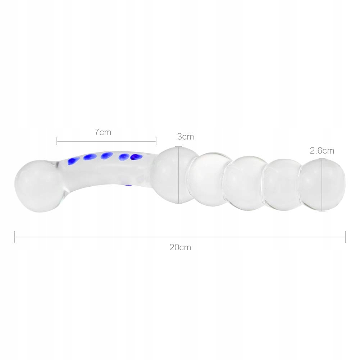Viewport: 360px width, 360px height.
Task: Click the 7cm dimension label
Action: coord(103,132)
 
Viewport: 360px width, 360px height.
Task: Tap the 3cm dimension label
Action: coord(186,137)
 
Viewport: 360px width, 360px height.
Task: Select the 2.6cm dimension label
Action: coord(322,151)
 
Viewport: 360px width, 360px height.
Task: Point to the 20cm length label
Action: coord(180,247)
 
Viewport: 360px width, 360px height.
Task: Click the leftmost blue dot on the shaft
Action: coord(73,161)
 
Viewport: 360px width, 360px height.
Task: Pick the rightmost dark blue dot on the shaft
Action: coord(136,157)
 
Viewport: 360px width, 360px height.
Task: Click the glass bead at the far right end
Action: coord(322,184)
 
